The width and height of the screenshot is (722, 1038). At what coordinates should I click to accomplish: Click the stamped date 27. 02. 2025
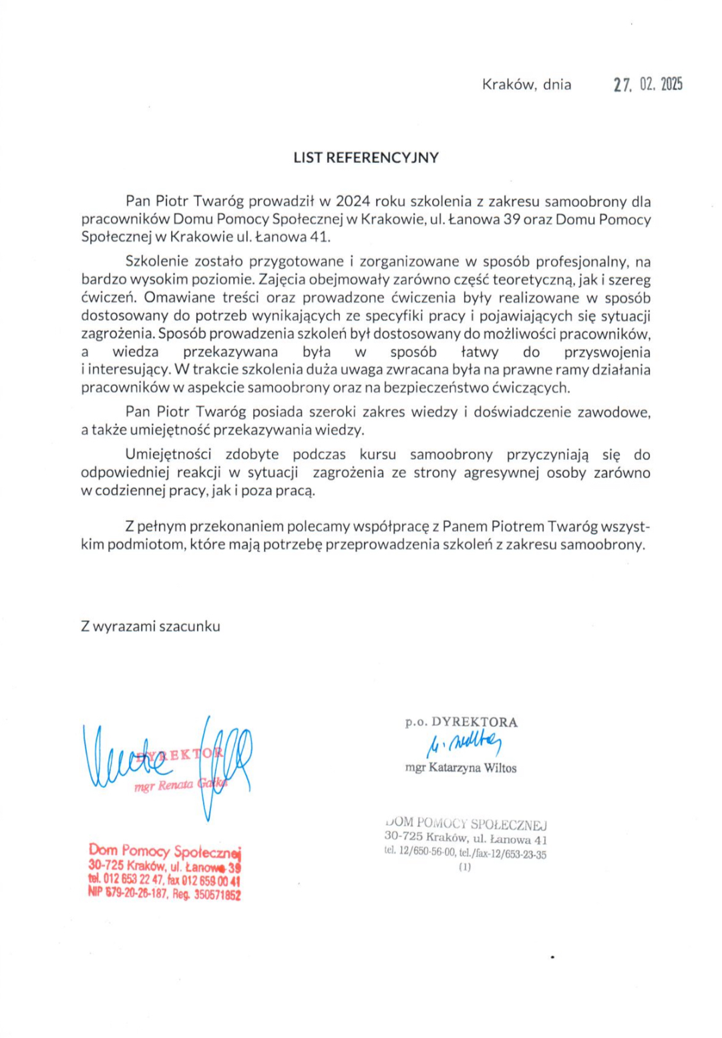click(x=648, y=84)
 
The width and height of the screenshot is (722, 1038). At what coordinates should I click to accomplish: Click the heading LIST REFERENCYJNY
click(x=366, y=158)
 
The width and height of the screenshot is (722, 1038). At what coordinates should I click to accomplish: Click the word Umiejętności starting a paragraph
click(x=168, y=454)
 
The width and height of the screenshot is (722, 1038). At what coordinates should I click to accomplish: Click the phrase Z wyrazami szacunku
click(x=150, y=626)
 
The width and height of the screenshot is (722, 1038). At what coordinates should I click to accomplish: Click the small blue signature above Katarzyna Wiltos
click(x=464, y=743)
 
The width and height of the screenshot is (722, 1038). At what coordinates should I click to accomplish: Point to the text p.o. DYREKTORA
click(x=461, y=722)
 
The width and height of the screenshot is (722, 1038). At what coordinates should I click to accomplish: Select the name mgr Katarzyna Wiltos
click(x=460, y=768)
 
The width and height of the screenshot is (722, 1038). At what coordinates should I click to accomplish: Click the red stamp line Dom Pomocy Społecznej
click(x=164, y=851)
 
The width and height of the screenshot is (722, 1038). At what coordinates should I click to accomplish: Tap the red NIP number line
click(x=164, y=894)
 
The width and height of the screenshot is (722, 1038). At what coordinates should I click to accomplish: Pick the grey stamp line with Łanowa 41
click(x=466, y=839)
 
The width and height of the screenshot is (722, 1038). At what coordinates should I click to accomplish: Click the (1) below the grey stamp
click(x=465, y=866)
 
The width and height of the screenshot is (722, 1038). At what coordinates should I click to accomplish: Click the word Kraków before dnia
click(x=508, y=84)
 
